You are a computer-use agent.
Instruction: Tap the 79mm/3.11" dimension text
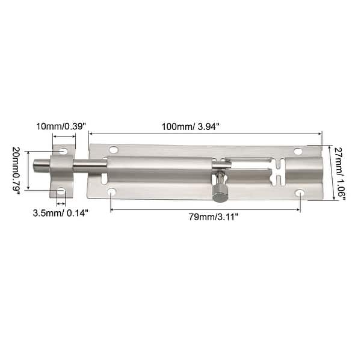click(205, 216)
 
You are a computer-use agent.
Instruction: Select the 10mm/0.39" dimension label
click(61, 127)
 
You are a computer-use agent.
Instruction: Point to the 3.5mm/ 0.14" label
click(60, 212)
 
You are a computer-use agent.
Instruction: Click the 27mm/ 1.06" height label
click(339, 173)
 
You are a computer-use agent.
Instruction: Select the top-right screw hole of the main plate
click(298, 151)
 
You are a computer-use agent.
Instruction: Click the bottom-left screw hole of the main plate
click(111, 192)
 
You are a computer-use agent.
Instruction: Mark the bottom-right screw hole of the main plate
click(300, 193)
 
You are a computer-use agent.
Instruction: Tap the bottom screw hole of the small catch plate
click(61, 191)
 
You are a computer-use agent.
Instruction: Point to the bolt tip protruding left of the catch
click(40, 164)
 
